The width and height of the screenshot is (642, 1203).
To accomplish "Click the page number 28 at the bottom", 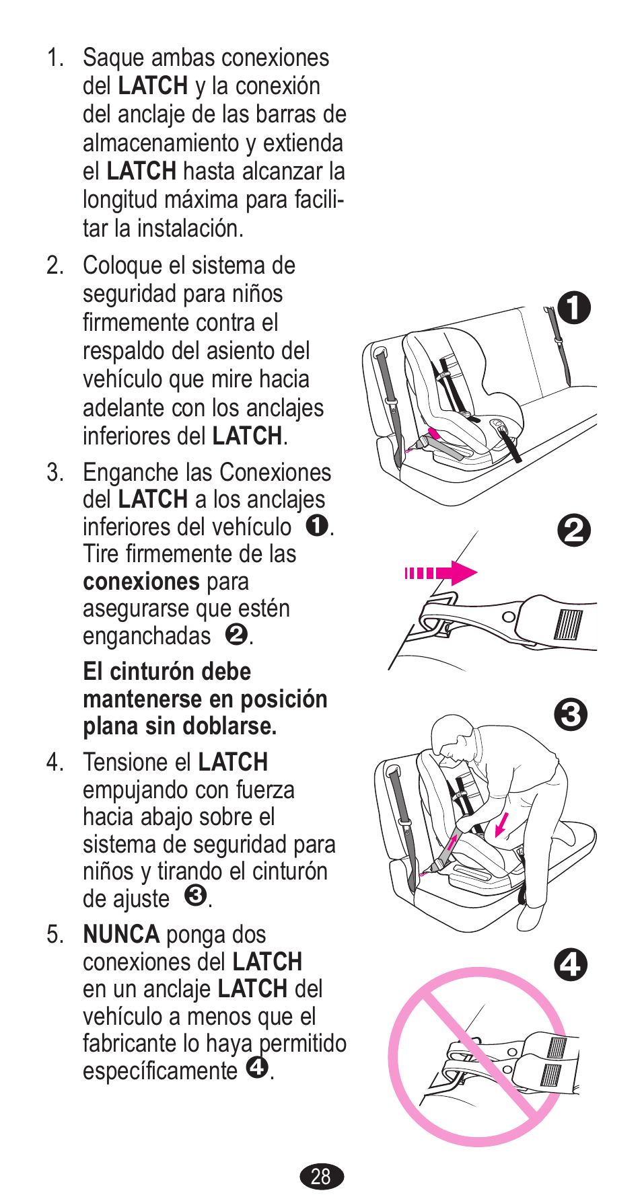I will pos(321,1176).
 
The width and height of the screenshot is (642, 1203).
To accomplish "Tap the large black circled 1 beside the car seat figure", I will pos(573,308).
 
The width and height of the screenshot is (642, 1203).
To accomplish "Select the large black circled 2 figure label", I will pos(574,531).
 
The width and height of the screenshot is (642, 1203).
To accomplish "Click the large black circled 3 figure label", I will pos(571,715).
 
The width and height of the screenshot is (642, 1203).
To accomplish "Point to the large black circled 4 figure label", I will pos(571,965).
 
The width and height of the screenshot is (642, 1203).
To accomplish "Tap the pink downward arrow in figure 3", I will pos(501,824).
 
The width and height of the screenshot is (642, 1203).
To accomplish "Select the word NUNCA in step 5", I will pos(121,935).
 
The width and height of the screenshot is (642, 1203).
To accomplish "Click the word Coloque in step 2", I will pos(123,266).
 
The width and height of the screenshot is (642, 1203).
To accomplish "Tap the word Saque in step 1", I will pos(113,58).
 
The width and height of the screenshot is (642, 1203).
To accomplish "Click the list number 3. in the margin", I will pos(55,473).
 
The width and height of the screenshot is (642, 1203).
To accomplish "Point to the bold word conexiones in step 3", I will pos(141,582).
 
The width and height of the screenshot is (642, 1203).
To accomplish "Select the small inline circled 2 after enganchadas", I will pos(236,634).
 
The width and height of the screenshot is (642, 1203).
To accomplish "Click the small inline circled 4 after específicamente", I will pos(257,1067).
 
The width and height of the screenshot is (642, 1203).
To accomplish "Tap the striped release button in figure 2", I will pos(567,624).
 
